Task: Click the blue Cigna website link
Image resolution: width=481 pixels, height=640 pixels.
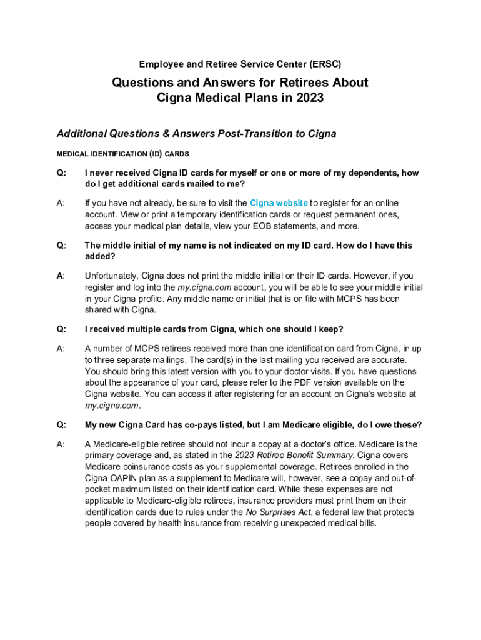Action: point(279,203)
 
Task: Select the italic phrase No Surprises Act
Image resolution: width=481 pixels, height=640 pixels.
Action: point(279,512)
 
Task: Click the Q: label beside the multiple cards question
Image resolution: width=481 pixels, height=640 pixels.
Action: point(62,329)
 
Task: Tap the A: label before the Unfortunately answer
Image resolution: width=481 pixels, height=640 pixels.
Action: point(61,276)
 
